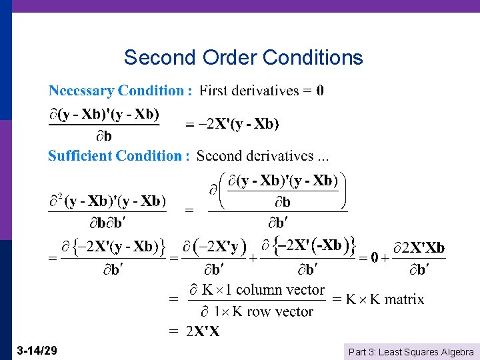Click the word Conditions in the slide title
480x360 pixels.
(313, 57)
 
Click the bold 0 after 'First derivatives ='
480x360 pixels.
(320, 90)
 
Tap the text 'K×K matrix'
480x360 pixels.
(385, 299)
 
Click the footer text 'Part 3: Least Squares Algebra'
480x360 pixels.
(411, 351)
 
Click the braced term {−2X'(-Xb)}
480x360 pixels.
(315, 246)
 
